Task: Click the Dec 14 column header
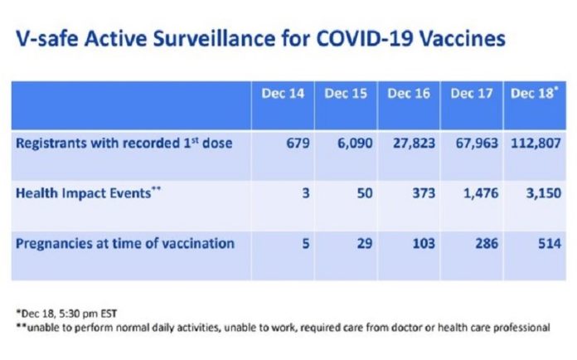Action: (x=283, y=94)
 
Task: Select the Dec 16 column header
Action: (x=409, y=94)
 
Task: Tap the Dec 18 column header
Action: (x=534, y=93)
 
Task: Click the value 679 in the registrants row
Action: (x=298, y=143)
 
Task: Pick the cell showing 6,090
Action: (x=355, y=144)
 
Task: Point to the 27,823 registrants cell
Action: (x=414, y=144)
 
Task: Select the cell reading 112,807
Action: (x=536, y=144)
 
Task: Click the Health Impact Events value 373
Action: (x=424, y=193)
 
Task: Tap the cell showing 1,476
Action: (x=481, y=193)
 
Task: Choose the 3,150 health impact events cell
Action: (x=544, y=193)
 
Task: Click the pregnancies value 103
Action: (x=424, y=244)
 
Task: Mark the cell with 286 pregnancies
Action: (x=487, y=244)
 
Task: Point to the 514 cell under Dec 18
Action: (x=550, y=244)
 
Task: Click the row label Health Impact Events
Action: (x=89, y=193)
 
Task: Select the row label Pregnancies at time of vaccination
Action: (x=125, y=244)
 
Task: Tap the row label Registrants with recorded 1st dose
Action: (x=124, y=143)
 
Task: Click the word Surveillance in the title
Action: (x=214, y=38)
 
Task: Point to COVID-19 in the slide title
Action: (x=364, y=38)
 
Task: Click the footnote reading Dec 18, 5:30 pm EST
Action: (x=66, y=314)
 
